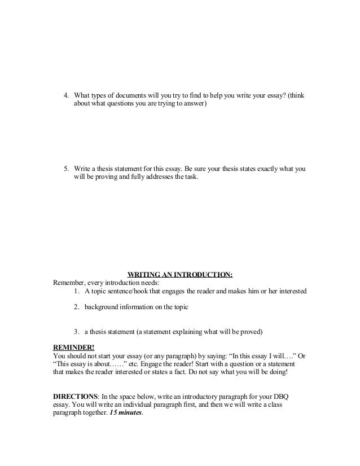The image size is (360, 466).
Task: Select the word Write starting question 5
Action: click(84, 169)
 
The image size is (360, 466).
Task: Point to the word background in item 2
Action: click(104, 307)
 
